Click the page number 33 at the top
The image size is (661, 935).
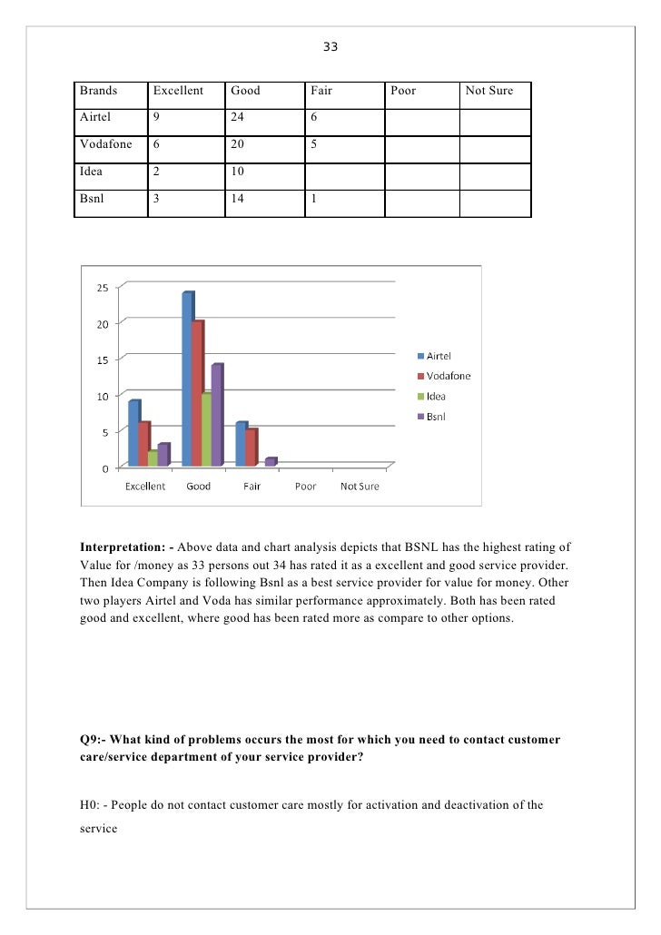tap(330, 45)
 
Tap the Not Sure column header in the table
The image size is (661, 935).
tap(489, 91)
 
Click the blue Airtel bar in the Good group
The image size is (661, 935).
tap(187, 379)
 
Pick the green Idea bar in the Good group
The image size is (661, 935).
tap(207, 429)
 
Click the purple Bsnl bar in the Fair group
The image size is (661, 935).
tap(270, 462)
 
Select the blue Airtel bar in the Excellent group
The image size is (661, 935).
tap(133, 434)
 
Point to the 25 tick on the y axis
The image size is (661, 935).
tap(103, 288)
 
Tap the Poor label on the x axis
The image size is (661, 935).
tap(305, 487)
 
